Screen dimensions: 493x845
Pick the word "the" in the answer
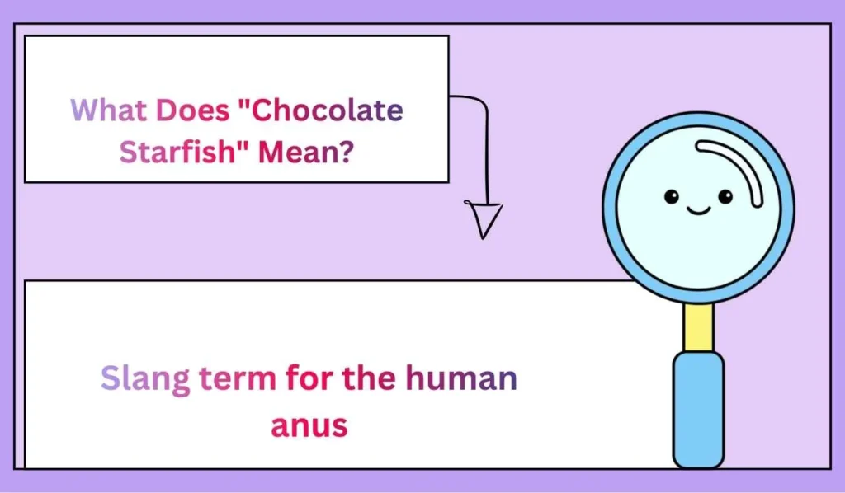pyautogui.click(x=371, y=379)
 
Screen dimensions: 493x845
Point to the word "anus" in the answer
pyautogui.click(x=310, y=425)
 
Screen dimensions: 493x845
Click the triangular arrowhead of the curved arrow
pyautogui.click(x=484, y=219)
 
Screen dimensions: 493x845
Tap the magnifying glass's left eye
pyautogui.click(x=672, y=196)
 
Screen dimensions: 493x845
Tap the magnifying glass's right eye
pyautogui.click(x=725, y=196)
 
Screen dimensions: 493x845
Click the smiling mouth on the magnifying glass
pyautogui.click(x=699, y=211)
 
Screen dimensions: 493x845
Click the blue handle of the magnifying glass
pyautogui.click(x=699, y=408)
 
